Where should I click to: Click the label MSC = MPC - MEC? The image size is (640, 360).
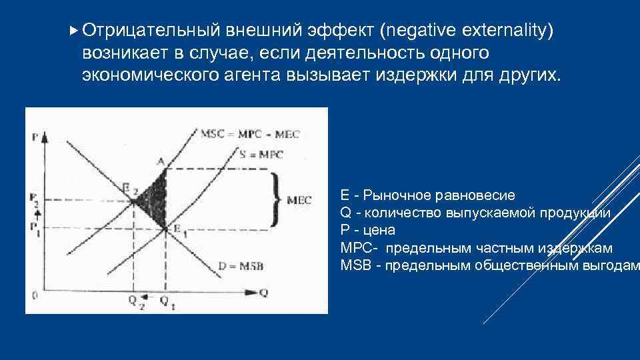click(x=250, y=133)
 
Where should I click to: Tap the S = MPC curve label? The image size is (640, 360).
click(x=261, y=155)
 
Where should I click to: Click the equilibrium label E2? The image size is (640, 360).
click(x=129, y=191)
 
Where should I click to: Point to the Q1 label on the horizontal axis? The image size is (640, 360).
click(x=165, y=301)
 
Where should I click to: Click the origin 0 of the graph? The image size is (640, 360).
click(x=33, y=293)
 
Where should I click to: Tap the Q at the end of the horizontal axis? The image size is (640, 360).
click(x=265, y=292)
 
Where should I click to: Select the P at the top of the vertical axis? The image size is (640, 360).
click(x=34, y=137)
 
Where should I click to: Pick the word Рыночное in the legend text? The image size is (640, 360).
click(x=397, y=195)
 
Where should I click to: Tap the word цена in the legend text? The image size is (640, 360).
click(x=375, y=230)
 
